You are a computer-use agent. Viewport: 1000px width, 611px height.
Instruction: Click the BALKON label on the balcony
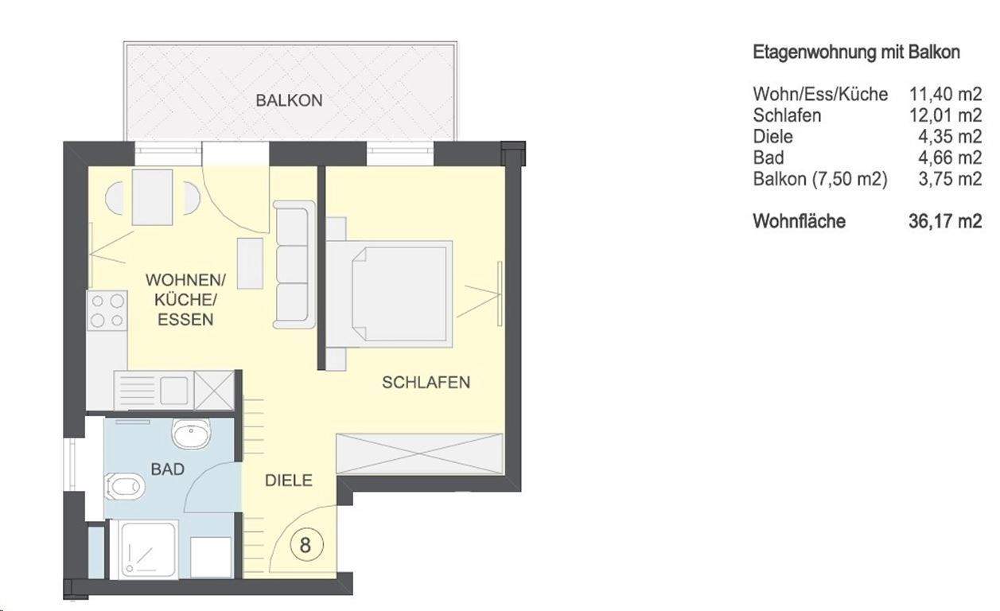[289, 101]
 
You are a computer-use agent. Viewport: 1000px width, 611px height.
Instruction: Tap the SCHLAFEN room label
[426, 382]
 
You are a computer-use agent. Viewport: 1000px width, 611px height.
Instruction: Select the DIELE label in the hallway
[288, 481]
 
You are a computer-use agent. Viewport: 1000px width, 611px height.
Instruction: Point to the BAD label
[167, 469]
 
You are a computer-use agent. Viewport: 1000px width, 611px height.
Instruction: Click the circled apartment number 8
[305, 546]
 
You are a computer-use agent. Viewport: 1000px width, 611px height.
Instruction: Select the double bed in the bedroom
[390, 293]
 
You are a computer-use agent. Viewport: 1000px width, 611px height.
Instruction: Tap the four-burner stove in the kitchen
[107, 310]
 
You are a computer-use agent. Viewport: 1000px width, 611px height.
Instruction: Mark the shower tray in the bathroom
[149, 549]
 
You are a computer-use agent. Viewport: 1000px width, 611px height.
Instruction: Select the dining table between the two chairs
[153, 197]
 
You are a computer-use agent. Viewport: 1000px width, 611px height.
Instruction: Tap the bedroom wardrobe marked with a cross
[420, 455]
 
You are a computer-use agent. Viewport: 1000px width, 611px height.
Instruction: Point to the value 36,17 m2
[945, 221]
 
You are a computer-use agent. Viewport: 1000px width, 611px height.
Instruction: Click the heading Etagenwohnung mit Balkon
[856, 53]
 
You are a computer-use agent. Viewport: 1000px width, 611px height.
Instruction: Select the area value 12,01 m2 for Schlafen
[945, 115]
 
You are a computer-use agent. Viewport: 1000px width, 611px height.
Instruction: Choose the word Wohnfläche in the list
[799, 221]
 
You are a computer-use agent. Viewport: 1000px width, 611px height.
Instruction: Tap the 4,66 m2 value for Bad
[950, 158]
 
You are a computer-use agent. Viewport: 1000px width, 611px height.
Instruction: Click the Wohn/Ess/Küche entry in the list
[819, 95]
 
